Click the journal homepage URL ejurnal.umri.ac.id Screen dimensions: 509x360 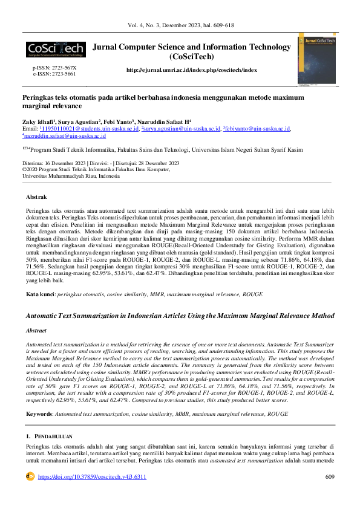[x=191, y=70]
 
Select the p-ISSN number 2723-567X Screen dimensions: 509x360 [x=63, y=68]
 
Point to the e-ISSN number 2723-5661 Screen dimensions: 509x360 [x=63, y=73]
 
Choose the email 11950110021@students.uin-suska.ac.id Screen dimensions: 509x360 [x=90, y=129]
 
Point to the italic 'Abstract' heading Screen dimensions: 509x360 [x=39, y=331]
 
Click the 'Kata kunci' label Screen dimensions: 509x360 [x=39, y=293]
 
